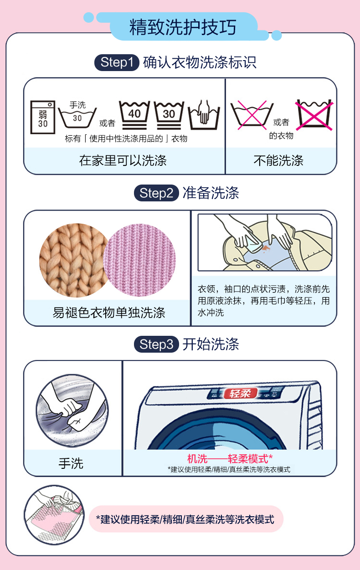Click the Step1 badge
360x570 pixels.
[x=117, y=62]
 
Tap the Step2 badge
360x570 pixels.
[x=156, y=193]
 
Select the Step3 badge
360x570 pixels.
[x=156, y=344]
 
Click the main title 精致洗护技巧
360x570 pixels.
[x=183, y=27]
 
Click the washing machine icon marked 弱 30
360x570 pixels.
[x=43, y=117]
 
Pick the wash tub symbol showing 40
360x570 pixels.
[x=134, y=115]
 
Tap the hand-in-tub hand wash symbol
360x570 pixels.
[x=204, y=114]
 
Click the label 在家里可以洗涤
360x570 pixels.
[x=123, y=160]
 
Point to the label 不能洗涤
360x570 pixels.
[x=278, y=160]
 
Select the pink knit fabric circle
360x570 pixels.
[x=140, y=260]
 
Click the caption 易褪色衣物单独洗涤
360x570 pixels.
[x=109, y=313]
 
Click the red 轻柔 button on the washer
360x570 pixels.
[x=240, y=393]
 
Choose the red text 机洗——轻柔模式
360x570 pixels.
[x=230, y=459]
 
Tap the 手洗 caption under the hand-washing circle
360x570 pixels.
[x=71, y=464]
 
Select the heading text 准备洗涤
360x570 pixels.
[x=211, y=193]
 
